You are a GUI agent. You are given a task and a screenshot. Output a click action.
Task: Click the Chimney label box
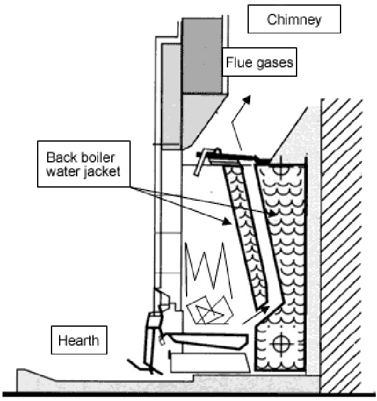294,20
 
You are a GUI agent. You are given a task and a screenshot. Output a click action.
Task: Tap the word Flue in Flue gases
240,63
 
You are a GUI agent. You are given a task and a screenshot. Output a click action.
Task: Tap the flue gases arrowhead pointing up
249,99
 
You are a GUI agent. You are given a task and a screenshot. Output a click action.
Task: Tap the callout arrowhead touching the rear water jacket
275,215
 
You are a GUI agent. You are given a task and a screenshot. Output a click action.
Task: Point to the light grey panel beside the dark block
172,94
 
